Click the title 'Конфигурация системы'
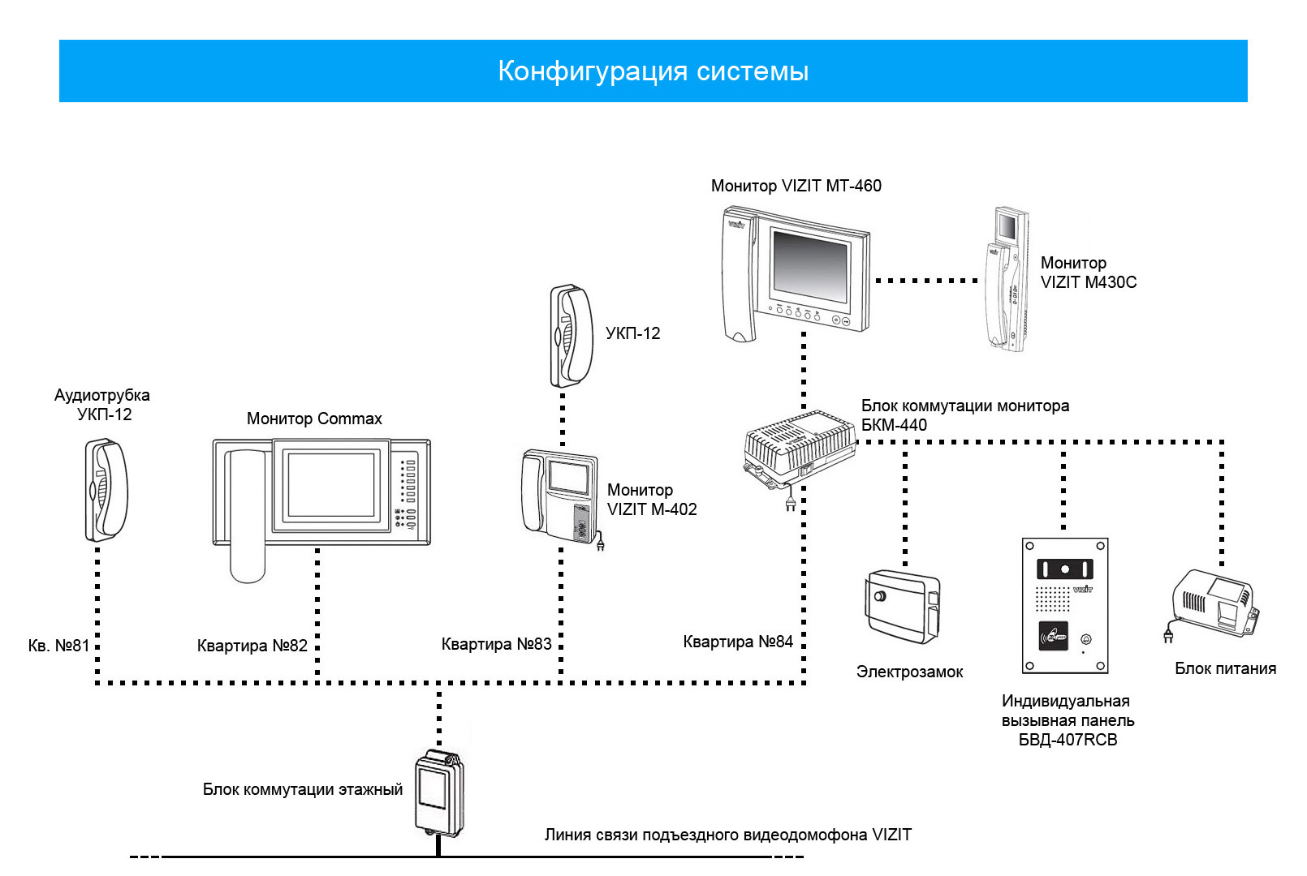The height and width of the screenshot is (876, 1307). (x=653, y=71)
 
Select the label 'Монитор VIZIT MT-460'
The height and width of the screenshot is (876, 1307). (x=796, y=186)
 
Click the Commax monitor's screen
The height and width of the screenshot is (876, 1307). (x=331, y=485)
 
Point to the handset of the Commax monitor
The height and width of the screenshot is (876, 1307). (x=248, y=516)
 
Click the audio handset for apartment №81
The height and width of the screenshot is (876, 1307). (x=107, y=490)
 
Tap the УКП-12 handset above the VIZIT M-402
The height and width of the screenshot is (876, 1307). (x=572, y=336)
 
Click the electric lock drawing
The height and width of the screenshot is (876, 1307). (x=904, y=607)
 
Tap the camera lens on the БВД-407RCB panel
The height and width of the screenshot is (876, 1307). (x=1065, y=569)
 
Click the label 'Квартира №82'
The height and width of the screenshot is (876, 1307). (x=252, y=646)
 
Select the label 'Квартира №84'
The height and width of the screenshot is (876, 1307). (x=738, y=642)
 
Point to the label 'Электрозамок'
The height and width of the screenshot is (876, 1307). (x=910, y=672)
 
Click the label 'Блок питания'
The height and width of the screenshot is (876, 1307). (x=1225, y=668)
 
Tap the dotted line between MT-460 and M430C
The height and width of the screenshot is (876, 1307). (x=926, y=281)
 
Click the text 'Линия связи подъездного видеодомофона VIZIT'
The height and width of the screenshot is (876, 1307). (x=728, y=835)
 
